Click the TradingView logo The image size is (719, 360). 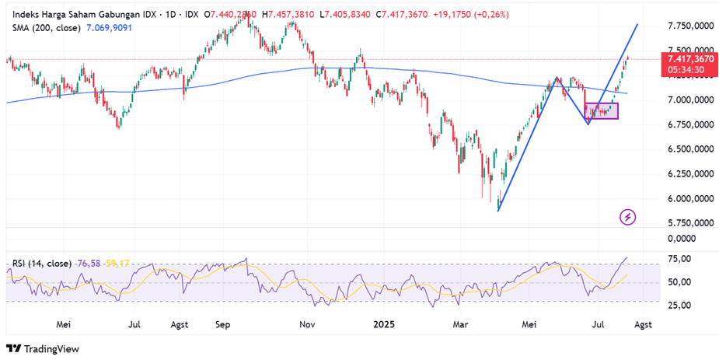pyautogui.click(x=44, y=349)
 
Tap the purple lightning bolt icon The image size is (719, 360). pyautogui.click(x=628, y=217)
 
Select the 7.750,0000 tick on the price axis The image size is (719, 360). pyautogui.click(x=690, y=26)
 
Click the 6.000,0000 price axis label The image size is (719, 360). pyautogui.click(x=690, y=198)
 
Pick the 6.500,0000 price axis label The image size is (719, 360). pyautogui.click(x=690, y=149)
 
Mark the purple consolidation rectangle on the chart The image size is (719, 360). pyautogui.click(x=602, y=110)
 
